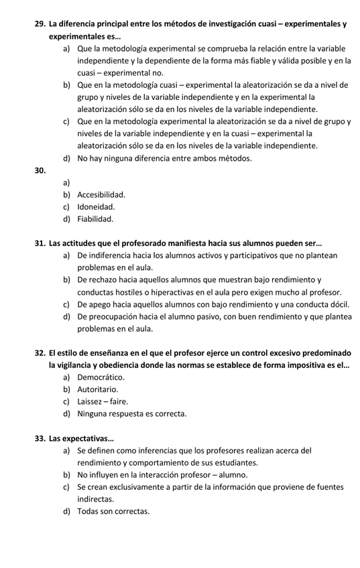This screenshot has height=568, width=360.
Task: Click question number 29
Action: (40, 23)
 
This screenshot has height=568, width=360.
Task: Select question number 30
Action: (40, 170)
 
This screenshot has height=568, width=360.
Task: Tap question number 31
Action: (40, 243)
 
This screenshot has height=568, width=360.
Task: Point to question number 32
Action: (40, 353)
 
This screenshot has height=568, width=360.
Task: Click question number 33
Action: (40, 439)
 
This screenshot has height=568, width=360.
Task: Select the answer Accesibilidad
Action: (101, 195)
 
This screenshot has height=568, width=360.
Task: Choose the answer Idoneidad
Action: (96, 207)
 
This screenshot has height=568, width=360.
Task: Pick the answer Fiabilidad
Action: (95, 219)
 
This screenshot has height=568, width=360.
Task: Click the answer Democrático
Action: (101, 377)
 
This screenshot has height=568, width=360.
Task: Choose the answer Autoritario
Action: (98, 389)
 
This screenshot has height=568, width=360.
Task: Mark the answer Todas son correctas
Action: (113, 512)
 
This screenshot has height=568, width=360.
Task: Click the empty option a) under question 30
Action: (67, 183)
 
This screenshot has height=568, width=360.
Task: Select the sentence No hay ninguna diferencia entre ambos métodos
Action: (164, 158)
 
